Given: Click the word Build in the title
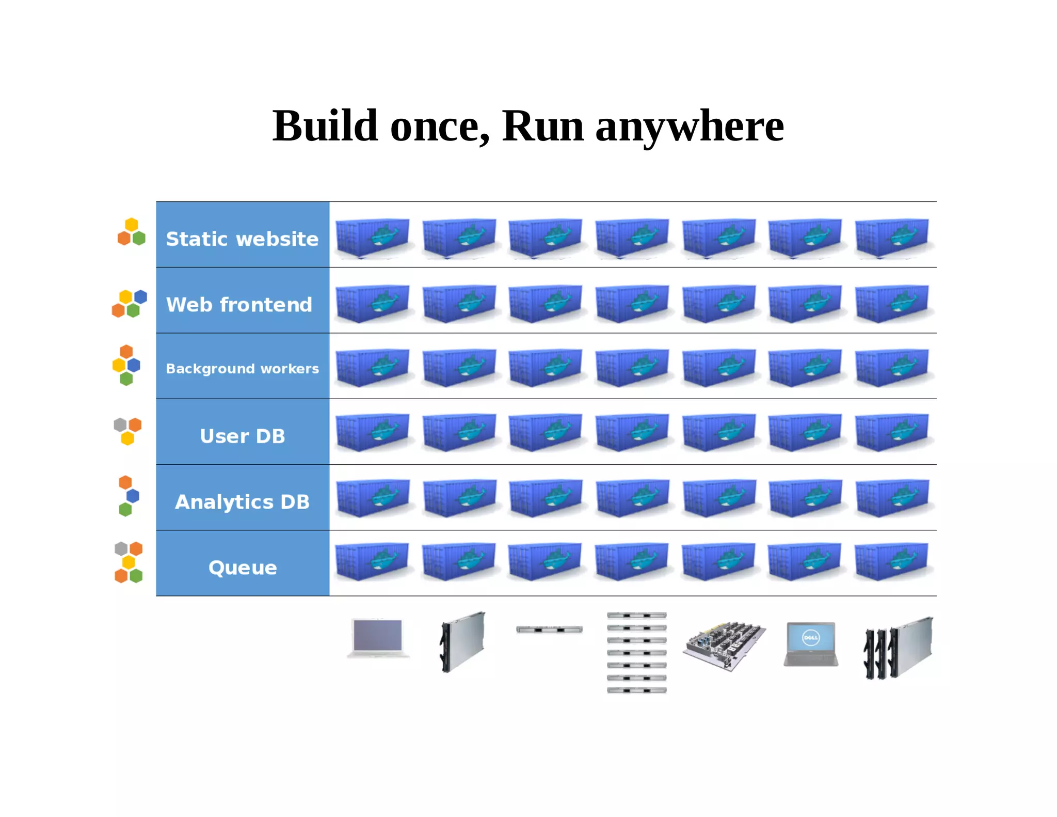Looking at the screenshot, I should coord(325,127).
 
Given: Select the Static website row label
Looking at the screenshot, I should coord(242,239).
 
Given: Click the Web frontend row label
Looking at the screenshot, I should coord(239,305).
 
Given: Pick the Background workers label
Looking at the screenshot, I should coord(242,369).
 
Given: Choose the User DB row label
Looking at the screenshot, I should coord(242,436).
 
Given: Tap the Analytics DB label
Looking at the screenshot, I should coord(242,502).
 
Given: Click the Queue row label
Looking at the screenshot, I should coord(242,568).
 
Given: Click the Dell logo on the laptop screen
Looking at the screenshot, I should coord(810,638).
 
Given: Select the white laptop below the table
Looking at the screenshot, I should coord(378,638).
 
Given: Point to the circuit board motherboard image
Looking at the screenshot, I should coord(724,646).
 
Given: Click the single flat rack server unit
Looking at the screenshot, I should coord(549,630).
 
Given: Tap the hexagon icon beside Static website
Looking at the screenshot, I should coord(132,232).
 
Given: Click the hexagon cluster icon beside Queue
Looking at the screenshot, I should coord(128,562).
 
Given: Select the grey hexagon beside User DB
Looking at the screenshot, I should coord(120,425).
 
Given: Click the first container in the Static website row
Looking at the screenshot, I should coord(372,238).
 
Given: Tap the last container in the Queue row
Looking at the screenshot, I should coord(891,561).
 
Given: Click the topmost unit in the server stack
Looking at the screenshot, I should coord(636,615).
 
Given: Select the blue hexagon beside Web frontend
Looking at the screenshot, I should coord(140,296).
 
